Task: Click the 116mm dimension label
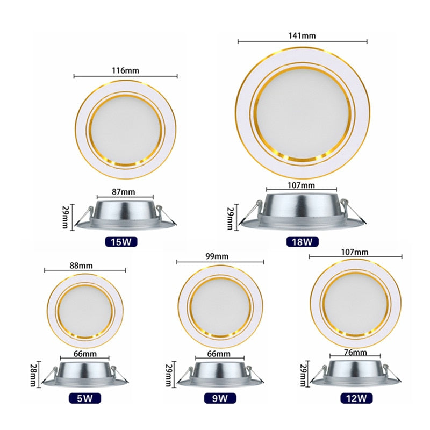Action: click(125, 70)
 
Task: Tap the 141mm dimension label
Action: click(302, 35)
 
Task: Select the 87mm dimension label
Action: click(124, 191)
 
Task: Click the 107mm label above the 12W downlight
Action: click(355, 252)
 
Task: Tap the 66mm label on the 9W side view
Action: click(219, 354)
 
